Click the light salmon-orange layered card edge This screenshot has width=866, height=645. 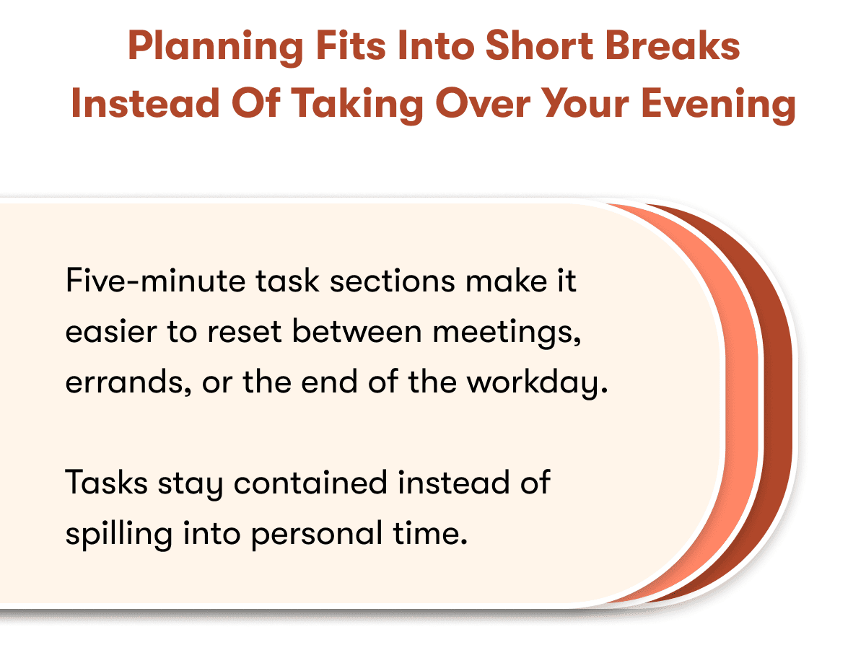[743, 404]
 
